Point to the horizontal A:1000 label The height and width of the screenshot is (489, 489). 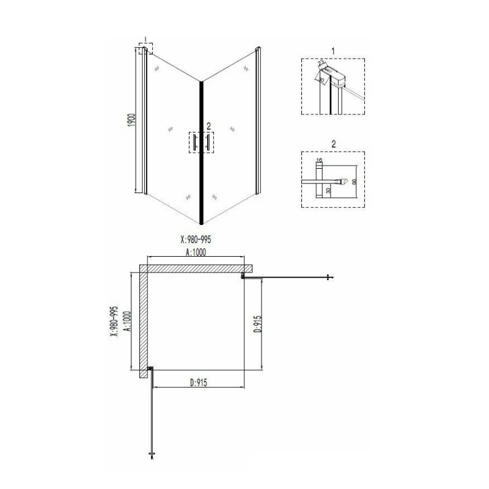194,251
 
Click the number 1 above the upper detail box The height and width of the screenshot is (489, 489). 333,50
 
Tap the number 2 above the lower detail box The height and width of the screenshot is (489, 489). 333,145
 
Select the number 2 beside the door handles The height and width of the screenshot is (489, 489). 208,126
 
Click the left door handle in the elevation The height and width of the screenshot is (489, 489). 194,142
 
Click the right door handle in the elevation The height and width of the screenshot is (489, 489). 208,142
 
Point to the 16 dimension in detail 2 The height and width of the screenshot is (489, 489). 318,160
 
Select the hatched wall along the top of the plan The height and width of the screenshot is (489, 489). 196,268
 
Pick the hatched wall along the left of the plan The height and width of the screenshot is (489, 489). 144,324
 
